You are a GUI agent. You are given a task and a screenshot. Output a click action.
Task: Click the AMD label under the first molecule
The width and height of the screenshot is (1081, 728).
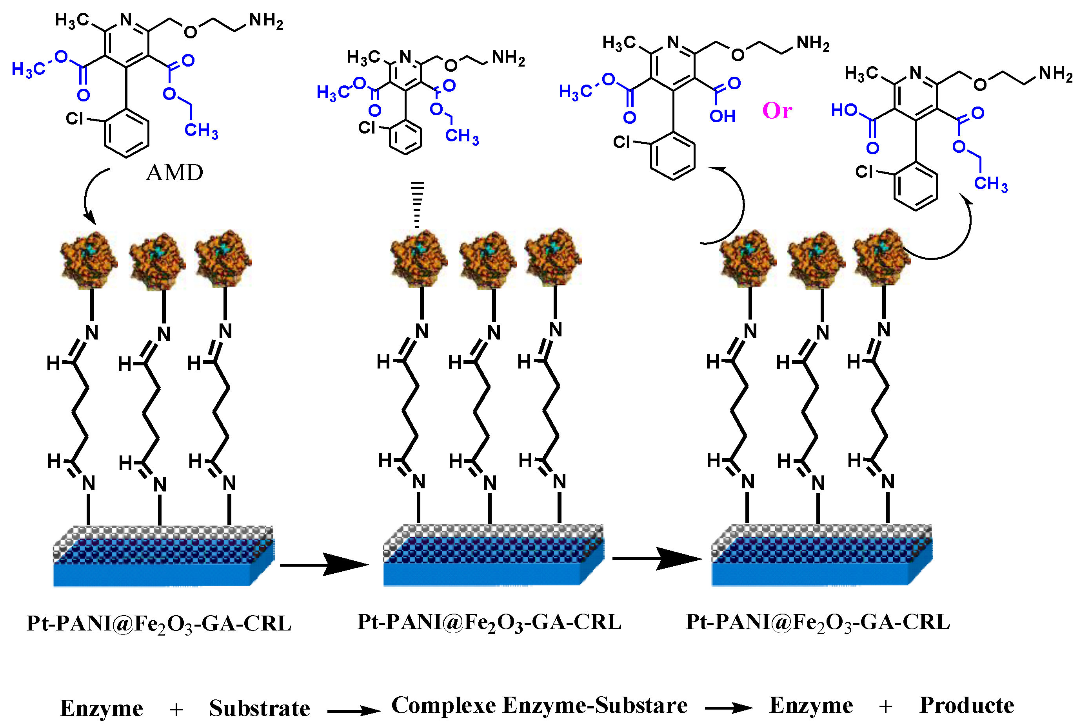pyautogui.click(x=174, y=173)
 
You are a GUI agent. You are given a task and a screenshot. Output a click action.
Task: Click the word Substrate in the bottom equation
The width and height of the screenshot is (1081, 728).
pyautogui.click(x=259, y=708)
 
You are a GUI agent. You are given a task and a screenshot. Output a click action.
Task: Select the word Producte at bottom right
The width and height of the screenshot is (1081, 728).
pyautogui.click(x=967, y=706)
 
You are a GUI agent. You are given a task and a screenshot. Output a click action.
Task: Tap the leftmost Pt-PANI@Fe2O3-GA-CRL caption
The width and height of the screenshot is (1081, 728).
pyautogui.click(x=159, y=623)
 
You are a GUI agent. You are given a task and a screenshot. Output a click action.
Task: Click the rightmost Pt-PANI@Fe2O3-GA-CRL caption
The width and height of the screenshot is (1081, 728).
pyautogui.click(x=818, y=622)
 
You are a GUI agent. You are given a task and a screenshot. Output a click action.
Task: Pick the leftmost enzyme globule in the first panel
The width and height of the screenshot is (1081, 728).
pyautogui.click(x=88, y=260)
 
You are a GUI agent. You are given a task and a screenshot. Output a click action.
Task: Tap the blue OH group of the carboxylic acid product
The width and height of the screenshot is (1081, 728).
pyautogui.click(x=722, y=116)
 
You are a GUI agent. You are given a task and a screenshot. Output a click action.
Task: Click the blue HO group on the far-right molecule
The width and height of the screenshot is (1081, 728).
pyautogui.click(x=844, y=110)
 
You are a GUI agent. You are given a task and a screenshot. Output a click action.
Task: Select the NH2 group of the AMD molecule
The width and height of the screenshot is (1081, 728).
pyautogui.click(x=266, y=21)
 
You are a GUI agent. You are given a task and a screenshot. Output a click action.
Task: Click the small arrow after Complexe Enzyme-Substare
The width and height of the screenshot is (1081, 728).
pyautogui.click(x=728, y=708)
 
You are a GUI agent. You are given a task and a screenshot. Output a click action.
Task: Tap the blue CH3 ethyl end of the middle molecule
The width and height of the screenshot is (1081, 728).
pyautogui.click(x=461, y=137)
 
